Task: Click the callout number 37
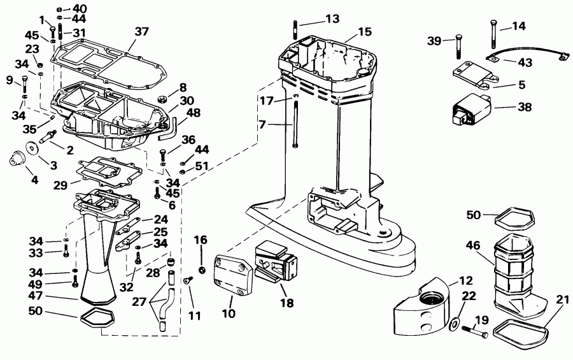click(x=141, y=31)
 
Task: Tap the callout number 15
click(x=364, y=31)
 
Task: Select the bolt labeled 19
click(x=476, y=331)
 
